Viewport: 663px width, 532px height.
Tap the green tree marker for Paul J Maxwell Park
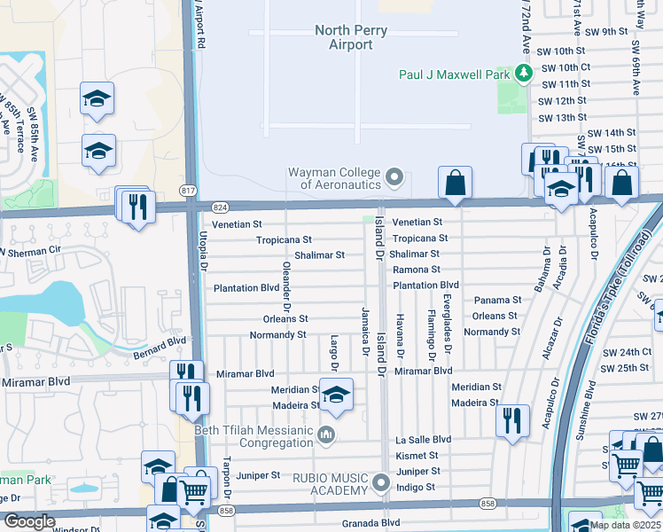[524, 74]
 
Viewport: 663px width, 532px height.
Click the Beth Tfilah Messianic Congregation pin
[327, 434]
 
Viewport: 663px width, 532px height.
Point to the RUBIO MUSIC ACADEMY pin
[381, 483]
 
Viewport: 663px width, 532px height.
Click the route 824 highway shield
[221, 207]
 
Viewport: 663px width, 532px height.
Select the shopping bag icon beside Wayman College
[455, 183]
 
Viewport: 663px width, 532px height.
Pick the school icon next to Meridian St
[336, 395]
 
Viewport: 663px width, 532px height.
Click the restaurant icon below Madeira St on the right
[512, 421]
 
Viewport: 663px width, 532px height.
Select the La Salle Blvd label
[423, 440]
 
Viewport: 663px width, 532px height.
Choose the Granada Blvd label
[371, 523]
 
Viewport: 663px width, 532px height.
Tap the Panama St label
[497, 301]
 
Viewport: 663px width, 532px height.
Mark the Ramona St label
[417, 269]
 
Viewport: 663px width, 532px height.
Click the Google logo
[29, 521]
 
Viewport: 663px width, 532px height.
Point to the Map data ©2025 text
[625, 525]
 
